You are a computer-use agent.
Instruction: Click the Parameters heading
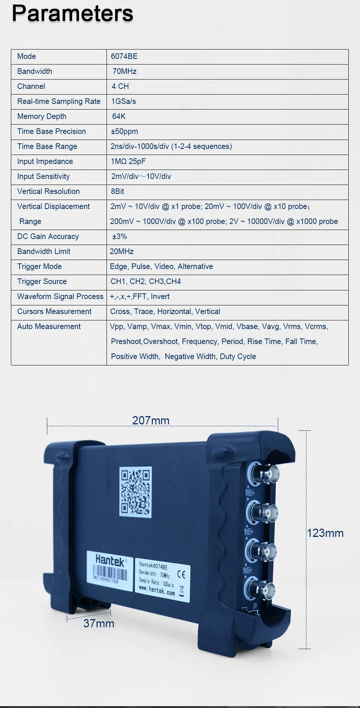[x=72, y=14]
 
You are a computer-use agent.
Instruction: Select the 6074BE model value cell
[x=124, y=56]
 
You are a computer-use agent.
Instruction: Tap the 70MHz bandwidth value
[x=124, y=71]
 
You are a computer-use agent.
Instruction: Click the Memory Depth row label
[x=42, y=116]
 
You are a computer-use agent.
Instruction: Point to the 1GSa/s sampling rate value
[x=123, y=101]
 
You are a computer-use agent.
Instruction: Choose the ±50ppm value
[x=124, y=131]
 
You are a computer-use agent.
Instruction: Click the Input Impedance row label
[x=45, y=161]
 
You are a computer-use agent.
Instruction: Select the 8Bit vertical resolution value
[x=117, y=191]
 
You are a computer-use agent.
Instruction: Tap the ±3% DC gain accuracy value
[x=120, y=236]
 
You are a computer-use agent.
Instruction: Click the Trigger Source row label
[x=42, y=281]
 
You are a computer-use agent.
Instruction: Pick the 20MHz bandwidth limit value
[x=121, y=251]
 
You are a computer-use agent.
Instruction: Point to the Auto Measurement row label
[x=49, y=326]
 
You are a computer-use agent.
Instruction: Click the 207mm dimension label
[x=151, y=421]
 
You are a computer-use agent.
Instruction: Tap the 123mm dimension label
[x=325, y=533]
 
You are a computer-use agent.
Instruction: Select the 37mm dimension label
[x=99, y=623]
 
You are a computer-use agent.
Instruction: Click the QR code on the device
[x=135, y=492]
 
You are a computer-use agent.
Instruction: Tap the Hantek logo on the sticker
[x=109, y=561]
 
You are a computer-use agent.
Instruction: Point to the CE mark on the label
[x=181, y=574]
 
